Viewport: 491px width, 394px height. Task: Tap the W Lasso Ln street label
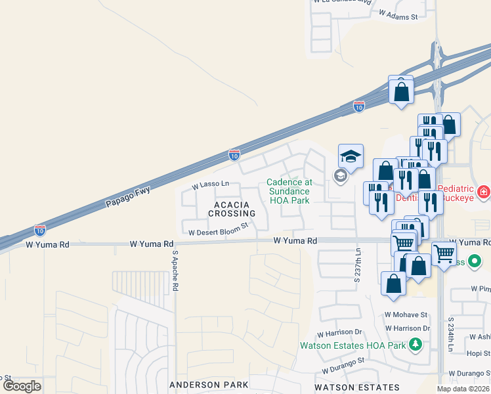(210, 186)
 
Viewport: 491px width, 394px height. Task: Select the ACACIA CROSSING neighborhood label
(231, 209)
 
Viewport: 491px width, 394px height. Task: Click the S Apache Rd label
(175, 271)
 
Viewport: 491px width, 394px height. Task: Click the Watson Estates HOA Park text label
(352, 345)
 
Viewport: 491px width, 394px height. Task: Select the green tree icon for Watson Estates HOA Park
(414, 344)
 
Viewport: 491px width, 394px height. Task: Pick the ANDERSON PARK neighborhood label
(208, 384)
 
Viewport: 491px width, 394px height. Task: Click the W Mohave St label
(406, 315)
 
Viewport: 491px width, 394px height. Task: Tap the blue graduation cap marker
(351, 156)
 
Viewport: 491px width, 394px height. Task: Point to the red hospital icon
(484, 192)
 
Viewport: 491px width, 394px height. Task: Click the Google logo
(22, 386)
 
